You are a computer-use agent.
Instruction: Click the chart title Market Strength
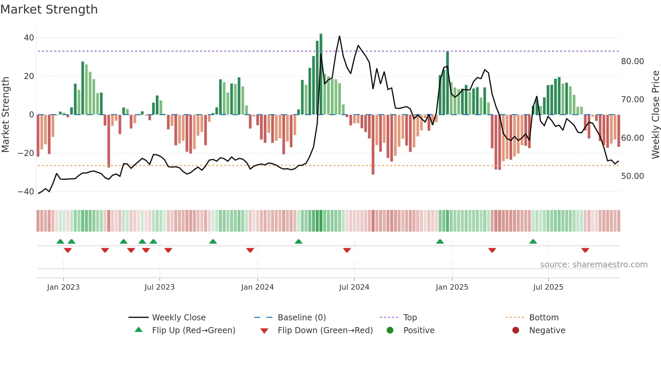click(49, 9)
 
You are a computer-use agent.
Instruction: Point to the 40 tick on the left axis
click(29, 38)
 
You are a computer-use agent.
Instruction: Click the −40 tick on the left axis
click(26, 192)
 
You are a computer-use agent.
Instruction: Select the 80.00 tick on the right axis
click(632, 61)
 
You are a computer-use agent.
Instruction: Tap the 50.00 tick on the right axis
click(632, 176)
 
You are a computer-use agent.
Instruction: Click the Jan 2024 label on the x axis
click(257, 287)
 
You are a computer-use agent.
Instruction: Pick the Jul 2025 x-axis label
click(548, 287)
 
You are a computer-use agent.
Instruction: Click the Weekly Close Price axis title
click(655, 115)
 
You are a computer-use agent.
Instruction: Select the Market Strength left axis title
click(5, 115)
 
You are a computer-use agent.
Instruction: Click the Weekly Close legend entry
click(178, 318)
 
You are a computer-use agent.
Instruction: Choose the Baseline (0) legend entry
click(301, 318)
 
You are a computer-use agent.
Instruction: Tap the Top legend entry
click(410, 318)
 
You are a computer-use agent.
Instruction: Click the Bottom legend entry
click(544, 318)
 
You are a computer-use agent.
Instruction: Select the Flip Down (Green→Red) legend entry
click(325, 330)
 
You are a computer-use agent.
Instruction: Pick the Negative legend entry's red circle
click(516, 330)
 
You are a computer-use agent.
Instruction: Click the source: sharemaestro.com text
click(594, 265)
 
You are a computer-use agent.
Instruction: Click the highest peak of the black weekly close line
click(339, 36)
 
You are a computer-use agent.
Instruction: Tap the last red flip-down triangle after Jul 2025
click(585, 250)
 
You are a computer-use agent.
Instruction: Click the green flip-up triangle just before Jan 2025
click(440, 242)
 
